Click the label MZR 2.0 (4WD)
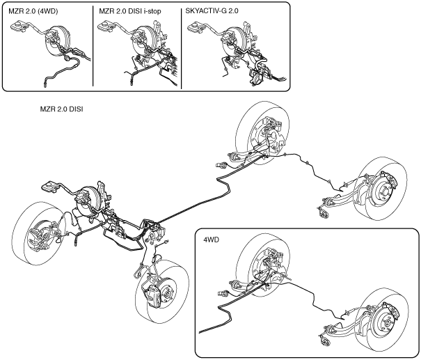(33, 11)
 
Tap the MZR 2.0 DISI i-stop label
(130, 11)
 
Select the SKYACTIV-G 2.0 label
(212, 11)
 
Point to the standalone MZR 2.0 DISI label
(61, 109)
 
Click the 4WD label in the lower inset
(212, 240)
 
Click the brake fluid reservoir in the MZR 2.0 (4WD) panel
(19, 26)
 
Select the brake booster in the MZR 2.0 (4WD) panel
(57, 40)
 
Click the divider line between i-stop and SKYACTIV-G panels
(182, 47)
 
